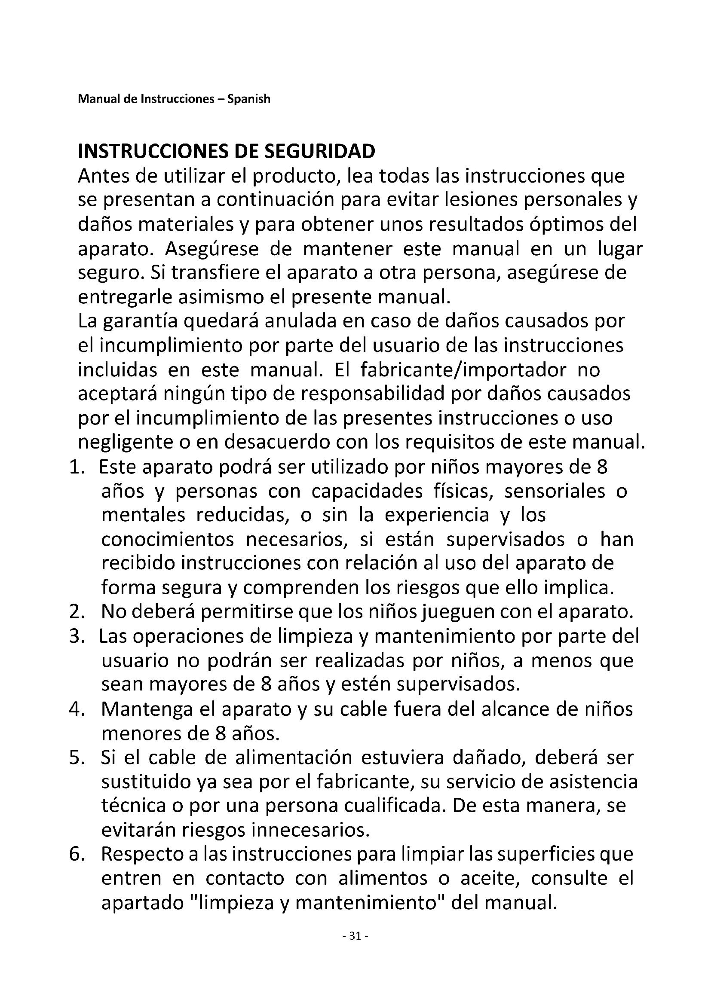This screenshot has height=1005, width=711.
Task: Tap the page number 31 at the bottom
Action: coord(355,948)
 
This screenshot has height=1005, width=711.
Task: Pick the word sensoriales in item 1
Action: coord(555,492)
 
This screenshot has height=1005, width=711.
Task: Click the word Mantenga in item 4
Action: coord(147,709)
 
